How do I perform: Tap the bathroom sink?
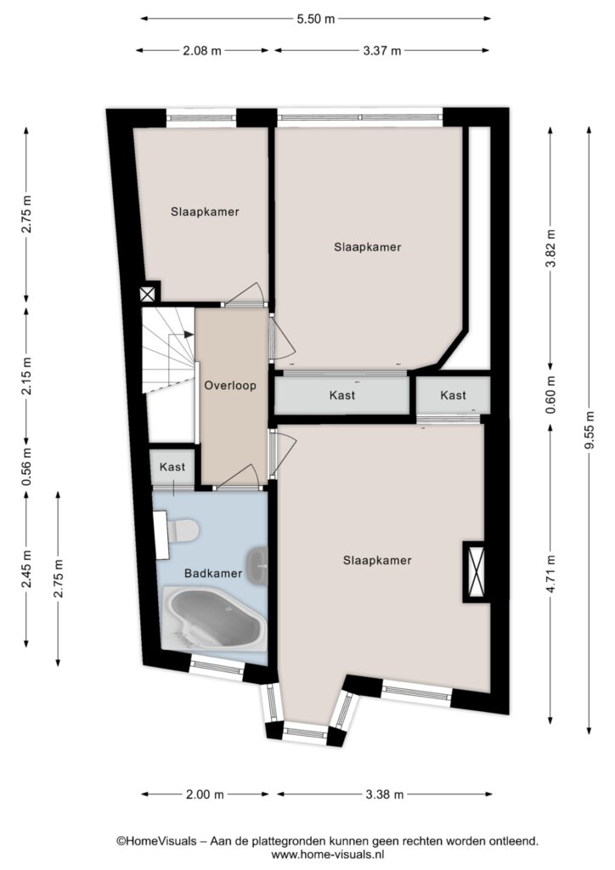coord(258,565)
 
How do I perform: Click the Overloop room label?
coord(230,385)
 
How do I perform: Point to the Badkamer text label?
coord(213,573)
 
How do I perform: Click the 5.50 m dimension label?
coord(316,19)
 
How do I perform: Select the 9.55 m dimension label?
coord(590,431)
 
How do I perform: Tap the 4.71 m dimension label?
coord(550,574)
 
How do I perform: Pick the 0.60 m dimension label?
coord(550,395)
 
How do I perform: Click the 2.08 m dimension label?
coord(202,51)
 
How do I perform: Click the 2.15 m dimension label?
coord(26,376)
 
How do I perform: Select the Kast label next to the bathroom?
coord(172,467)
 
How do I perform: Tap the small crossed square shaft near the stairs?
coord(148,294)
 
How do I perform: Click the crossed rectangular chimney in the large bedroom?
coord(477,572)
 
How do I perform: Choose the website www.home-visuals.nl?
coord(327,855)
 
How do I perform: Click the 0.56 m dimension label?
coord(26,466)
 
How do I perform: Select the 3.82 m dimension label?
coord(550,247)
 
